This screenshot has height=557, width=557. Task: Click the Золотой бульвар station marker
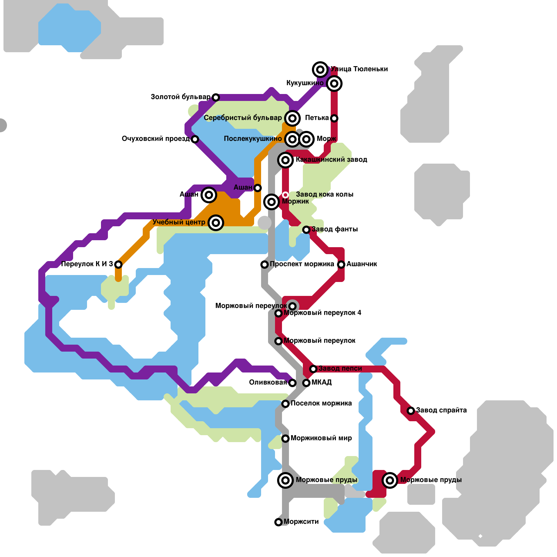click(x=216, y=97)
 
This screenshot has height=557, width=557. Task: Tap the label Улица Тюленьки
click(x=359, y=69)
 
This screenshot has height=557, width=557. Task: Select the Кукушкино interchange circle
click(x=334, y=84)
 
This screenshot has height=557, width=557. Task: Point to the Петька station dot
click(x=334, y=118)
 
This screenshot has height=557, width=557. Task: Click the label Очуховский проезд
click(x=155, y=139)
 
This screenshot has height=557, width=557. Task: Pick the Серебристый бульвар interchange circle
click(x=292, y=118)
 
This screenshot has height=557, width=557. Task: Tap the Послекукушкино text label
click(x=252, y=139)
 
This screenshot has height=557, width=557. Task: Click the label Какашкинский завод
click(x=331, y=159)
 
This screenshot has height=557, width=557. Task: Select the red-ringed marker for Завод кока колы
click(x=285, y=195)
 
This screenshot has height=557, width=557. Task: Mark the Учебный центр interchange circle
click(x=216, y=223)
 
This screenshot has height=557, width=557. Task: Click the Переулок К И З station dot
click(x=118, y=265)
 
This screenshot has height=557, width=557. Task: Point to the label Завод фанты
click(x=335, y=229)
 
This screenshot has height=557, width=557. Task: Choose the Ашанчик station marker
click(x=341, y=265)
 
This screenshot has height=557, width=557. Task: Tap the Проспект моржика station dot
click(x=265, y=265)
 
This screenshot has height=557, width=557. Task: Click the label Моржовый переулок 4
click(x=322, y=313)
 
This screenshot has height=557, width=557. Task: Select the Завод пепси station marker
click(x=313, y=369)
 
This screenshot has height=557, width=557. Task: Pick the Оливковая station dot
click(x=292, y=383)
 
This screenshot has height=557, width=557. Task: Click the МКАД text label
click(x=321, y=382)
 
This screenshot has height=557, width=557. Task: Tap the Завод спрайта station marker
click(x=411, y=411)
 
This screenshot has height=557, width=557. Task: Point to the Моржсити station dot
click(x=278, y=522)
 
